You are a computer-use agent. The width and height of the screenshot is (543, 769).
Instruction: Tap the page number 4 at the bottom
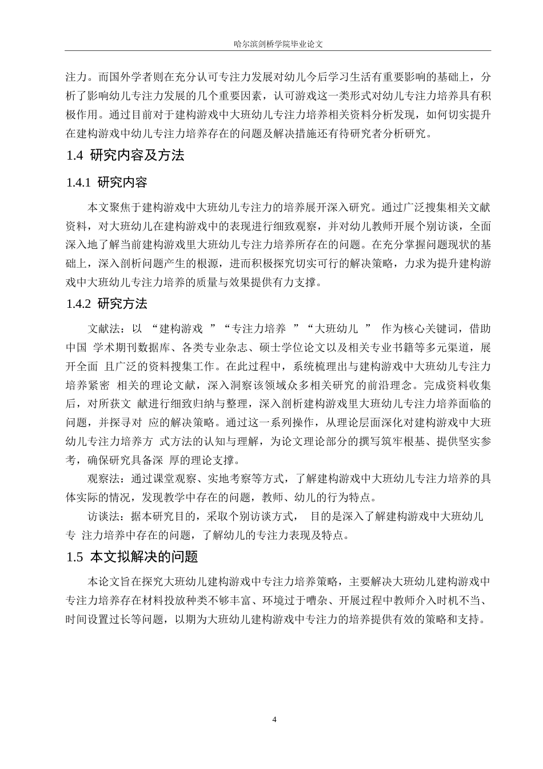tap(275, 719)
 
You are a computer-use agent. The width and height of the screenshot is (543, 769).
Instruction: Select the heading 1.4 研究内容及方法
tap(125, 155)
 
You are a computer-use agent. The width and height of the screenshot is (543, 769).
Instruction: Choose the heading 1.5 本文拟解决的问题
tap(132, 557)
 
